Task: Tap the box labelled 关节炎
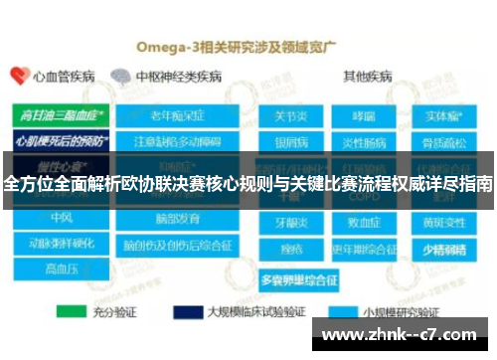pyautogui.click(x=291, y=115)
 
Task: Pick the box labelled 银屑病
pyautogui.click(x=291, y=139)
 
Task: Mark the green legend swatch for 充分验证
pyautogui.click(x=71, y=310)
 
